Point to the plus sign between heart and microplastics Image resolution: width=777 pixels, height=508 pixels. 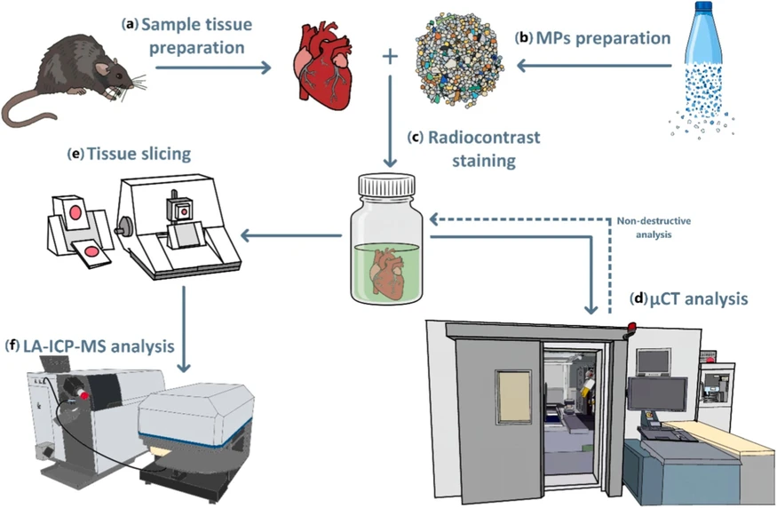click(388, 59)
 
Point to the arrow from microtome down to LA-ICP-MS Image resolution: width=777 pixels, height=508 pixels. click(184, 333)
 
